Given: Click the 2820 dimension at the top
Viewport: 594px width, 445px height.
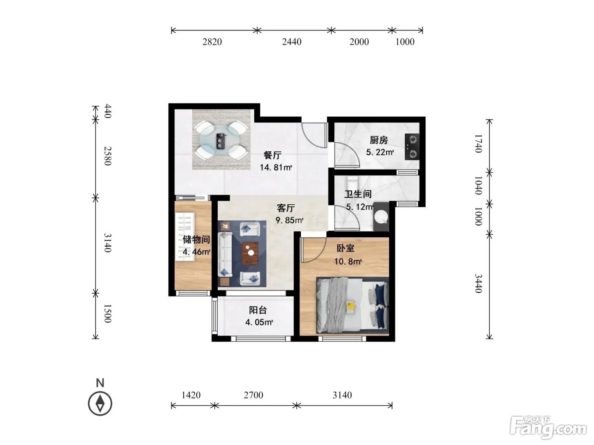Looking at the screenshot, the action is click(x=212, y=42).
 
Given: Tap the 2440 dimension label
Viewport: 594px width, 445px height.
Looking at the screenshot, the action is click(x=291, y=42).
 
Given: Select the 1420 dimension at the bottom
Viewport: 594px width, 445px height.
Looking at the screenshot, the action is click(x=191, y=395).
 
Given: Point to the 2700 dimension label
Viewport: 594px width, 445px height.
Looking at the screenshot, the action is click(x=253, y=395).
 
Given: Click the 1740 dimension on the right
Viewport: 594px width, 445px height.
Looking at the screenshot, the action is click(x=479, y=144).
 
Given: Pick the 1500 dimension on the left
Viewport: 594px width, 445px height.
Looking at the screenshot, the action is click(x=107, y=314).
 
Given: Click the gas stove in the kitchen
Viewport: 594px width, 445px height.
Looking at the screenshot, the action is click(x=412, y=147).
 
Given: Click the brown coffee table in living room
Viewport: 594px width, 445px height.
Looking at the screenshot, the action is click(x=250, y=253).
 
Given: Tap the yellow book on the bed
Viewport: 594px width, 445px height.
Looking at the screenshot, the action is click(x=350, y=307).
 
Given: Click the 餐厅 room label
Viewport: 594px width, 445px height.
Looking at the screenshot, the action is click(x=272, y=156).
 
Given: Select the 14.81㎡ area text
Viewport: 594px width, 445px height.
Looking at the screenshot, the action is click(x=276, y=167).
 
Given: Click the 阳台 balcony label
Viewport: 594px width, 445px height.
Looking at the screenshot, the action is click(x=258, y=310).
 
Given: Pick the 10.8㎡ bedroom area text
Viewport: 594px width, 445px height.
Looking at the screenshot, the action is click(x=348, y=261).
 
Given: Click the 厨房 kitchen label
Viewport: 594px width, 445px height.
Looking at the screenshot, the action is click(x=378, y=140).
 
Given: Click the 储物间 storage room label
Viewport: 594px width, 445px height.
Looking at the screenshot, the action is click(x=196, y=239).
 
